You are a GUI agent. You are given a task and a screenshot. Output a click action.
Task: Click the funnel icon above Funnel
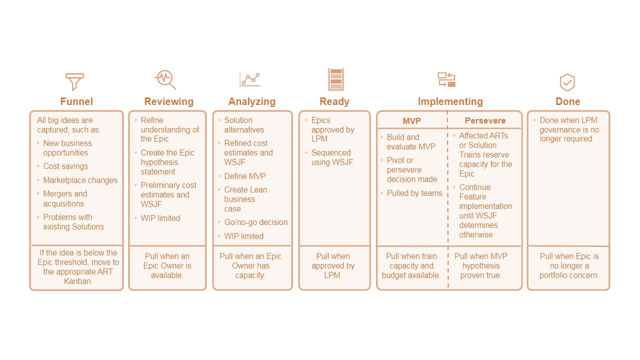(74, 81)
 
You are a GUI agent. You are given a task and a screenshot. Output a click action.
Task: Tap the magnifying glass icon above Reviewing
(165, 79)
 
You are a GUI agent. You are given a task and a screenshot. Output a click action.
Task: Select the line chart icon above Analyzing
(250, 79)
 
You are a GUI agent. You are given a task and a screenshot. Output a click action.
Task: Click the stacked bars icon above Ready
(335, 79)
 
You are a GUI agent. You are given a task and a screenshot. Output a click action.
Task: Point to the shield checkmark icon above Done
(567, 82)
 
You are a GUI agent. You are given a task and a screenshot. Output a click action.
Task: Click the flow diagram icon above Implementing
(446, 79)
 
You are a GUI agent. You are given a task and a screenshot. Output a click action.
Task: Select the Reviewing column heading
(169, 101)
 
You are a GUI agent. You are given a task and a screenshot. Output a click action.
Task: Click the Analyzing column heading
(252, 101)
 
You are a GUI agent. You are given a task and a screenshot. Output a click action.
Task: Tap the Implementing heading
(450, 101)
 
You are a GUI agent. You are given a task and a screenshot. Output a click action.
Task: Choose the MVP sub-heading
(411, 121)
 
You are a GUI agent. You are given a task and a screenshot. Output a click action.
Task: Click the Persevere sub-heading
(485, 120)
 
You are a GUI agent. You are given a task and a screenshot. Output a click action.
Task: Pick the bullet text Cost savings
(65, 166)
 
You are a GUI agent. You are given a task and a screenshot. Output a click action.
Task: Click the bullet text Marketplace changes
(80, 180)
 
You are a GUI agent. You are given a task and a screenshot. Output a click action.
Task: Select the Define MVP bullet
(245, 176)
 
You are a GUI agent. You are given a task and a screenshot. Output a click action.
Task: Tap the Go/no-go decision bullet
(256, 222)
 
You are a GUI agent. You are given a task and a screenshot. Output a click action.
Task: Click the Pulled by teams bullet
(414, 193)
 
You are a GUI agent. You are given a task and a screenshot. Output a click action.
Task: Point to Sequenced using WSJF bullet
(332, 157)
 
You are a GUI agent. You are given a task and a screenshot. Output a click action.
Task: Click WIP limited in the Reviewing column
(160, 218)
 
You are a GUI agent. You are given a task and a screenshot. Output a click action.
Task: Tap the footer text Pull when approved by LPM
(333, 265)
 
